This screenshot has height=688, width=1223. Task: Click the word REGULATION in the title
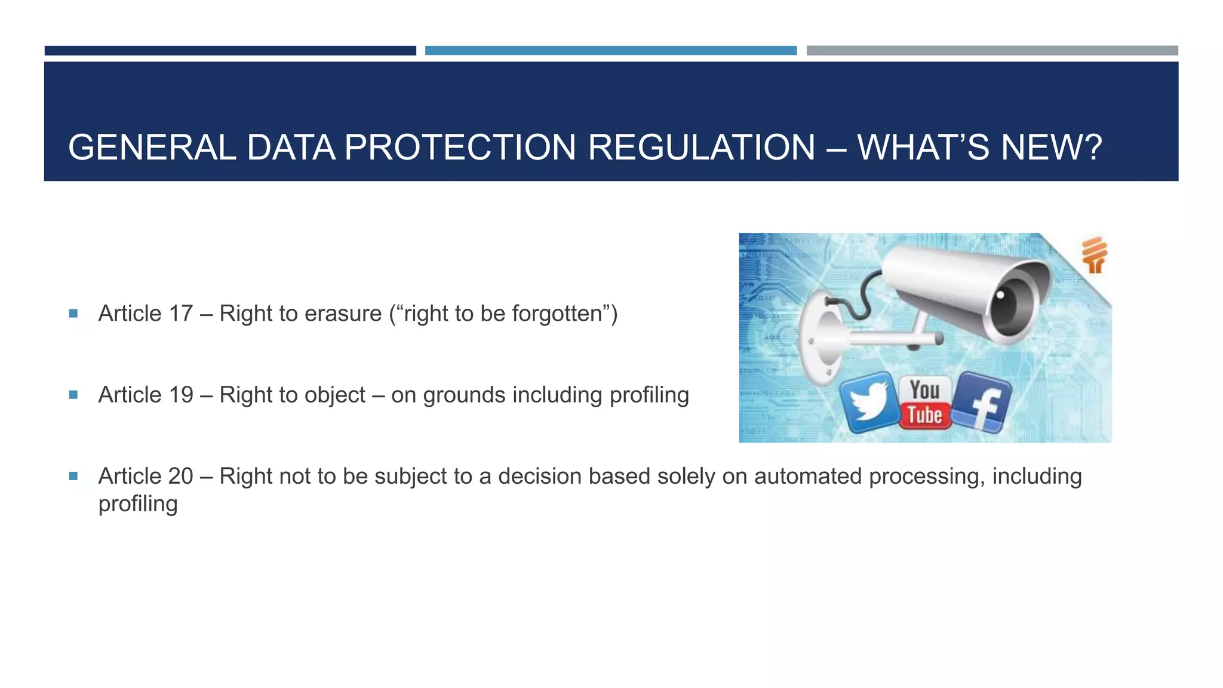pos(701,148)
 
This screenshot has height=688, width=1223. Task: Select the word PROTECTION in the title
pos(460,148)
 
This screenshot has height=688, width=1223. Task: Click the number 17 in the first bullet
pos(180,314)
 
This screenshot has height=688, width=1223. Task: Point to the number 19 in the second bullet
pos(180,395)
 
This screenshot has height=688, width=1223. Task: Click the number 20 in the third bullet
pos(180,476)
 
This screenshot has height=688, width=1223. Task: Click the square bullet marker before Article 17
pos(73,313)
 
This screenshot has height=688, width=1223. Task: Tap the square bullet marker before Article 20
pos(73,475)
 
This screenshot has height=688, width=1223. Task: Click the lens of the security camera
pos(1012,302)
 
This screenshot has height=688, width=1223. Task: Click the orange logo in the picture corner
pos(1095,255)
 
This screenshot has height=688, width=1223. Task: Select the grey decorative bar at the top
pos(992,51)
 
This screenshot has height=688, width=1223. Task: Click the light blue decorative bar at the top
pos(610,51)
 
